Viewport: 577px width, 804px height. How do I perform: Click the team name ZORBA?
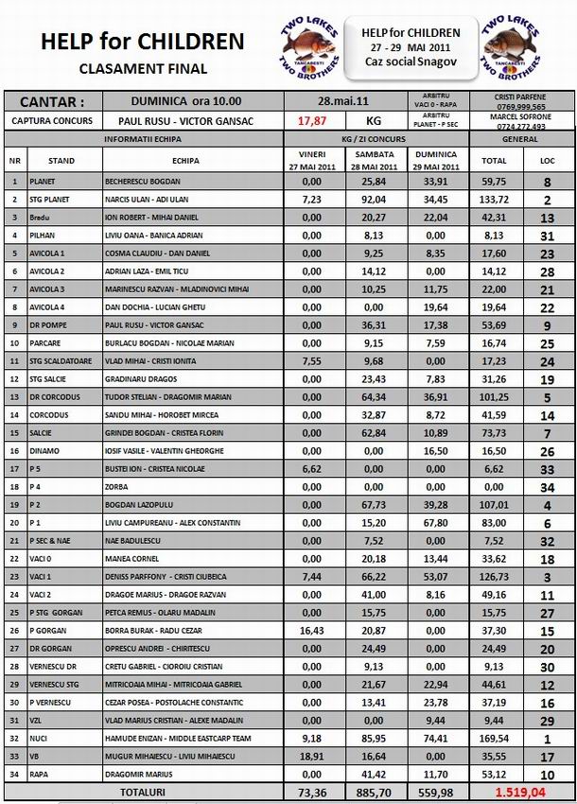(x=114, y=486)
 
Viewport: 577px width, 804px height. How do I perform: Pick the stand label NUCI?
(x=39, y=740)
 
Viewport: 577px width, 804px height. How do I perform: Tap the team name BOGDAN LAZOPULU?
(x=140, y=505)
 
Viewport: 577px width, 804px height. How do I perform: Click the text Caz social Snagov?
(x=411, y=61)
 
